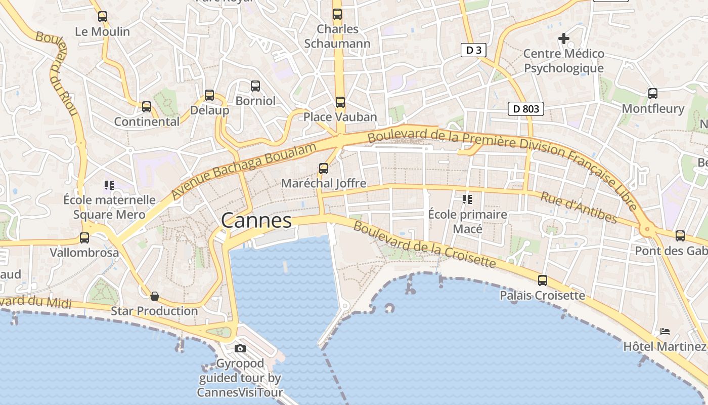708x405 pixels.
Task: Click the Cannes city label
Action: (x=256, y=220)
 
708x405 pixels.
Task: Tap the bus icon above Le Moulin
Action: (x=103, y=17)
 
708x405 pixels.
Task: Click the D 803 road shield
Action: (x=526, y=108)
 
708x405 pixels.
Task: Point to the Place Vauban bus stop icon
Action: (x=340, y=102)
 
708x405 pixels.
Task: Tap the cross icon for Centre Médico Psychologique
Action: (x=563, y=38)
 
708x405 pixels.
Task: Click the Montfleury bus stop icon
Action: (x=653, y=94)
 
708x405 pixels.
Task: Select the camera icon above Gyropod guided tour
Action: (x=240, y=348)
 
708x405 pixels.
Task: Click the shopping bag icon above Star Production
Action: (x=155, y=296)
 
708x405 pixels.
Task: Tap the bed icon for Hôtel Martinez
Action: (x=665, y=332)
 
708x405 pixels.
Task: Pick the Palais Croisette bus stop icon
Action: (x=543, y=280)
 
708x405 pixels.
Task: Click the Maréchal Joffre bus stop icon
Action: (x=324, y=169)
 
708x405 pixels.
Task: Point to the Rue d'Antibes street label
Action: (x=579, y=208)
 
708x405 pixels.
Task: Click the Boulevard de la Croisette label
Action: (x=425, y=245)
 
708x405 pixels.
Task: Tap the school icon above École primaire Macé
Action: (x=467, y=199)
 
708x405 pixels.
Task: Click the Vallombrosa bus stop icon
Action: (x=84, y=237)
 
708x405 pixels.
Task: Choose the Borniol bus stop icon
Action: (x=255, y=86)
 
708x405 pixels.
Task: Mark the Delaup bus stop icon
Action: (x=209, y=95)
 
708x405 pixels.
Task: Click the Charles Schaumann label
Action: (x=337, y=36)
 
